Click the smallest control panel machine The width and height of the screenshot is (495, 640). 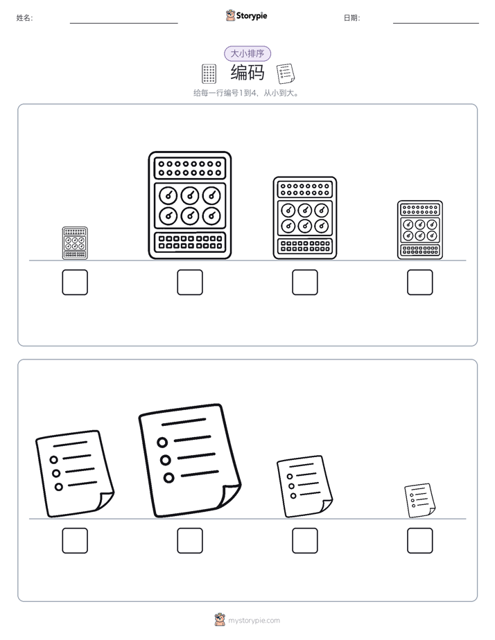pyautogui.click(x=75, y=243)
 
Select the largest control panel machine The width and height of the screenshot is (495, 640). pyautogui.click(x=190, y=205)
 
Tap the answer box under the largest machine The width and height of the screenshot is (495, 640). pyautogui.click(x=190, y=282)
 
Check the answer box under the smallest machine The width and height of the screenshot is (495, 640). pyautogui.click(x=75, y=282)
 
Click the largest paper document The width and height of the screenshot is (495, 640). pyautogui.click(x=190, y=461)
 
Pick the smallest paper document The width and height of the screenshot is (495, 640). pyautogui.click(x=419, y=500)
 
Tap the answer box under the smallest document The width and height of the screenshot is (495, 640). pyautogui.click(x=420, y=541)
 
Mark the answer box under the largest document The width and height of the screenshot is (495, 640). pyautogui.click(x=190, y=541)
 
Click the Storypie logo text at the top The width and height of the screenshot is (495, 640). pyautogui.click(x=252, y=16)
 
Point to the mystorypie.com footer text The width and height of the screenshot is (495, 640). pyautogui.click(x=254, y=621)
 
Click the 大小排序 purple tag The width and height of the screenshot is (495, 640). pyautogui.click(x=247, y=53)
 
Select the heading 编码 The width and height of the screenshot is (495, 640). pyautogui.click(x=247, y=73)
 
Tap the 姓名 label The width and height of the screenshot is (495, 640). pyautogui.click(x=24, y=18)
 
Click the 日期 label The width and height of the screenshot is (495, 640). pyautogui.click(x=351, y=18)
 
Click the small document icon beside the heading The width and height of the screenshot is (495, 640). pyautogui.click(x=286, y=73)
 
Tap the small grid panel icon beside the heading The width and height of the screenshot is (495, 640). pyautogui.click(x=209, y=73)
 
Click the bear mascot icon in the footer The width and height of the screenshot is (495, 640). pyautogui.click(x=220, y=620)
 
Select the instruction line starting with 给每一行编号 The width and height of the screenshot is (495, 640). pyautogui.click(x=247, y=93)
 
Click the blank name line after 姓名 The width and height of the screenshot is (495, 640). pyautogui.click(x=123, y=24)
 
